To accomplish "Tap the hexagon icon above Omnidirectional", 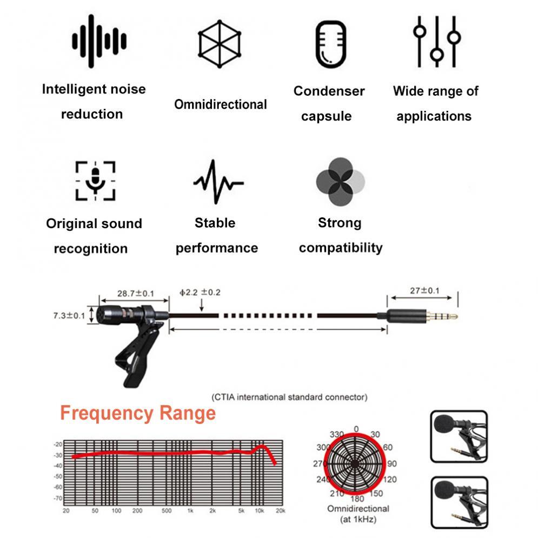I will pos(220,44).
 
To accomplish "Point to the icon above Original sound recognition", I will pos(95,180).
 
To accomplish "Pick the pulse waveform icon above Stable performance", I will pos(218,182).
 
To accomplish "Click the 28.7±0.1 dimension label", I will pos(136,294).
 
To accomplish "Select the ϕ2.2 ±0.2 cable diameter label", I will pos(200,293).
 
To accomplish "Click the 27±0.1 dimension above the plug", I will pos(424,291).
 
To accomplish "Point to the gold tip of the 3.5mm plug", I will pos(453,316).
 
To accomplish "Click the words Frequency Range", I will pos(138,414).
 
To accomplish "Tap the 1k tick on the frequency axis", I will pos(190,511).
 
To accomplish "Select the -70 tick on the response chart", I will pos(58,498).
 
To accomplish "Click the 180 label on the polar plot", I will pos(357,498).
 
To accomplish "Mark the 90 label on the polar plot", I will pos(392,463).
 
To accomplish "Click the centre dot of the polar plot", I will pos(355,463).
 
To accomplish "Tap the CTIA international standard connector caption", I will pos(289,397).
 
